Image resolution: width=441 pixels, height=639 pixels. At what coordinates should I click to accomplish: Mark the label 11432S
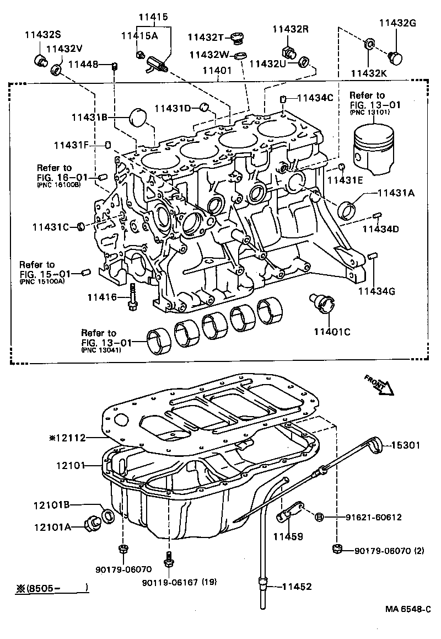[42, 35]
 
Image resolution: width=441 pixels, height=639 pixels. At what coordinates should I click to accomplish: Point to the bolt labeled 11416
[132, 297]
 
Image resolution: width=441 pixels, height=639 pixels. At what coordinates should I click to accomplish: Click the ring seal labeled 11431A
[348, 210]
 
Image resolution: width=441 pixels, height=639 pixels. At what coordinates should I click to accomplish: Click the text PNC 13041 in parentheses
[99, 350]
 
